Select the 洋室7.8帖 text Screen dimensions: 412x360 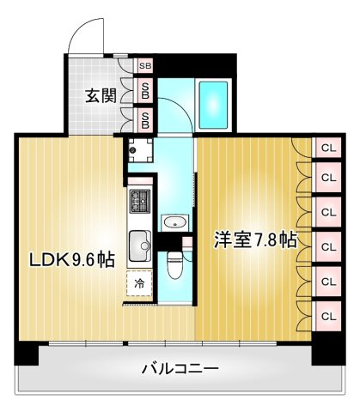pyautogui.click(x=254, y=240)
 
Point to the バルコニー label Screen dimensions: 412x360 pyautogui.click(x=180, y=369)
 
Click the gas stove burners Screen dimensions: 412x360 pyautogui.click(x=138, y=203)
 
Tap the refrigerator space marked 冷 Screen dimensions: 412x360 pyautogui.click(x=137, y=282)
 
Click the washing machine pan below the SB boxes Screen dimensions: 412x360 pyautogui.click(x=137, y=151)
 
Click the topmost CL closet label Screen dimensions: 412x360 pyautogui.click(x=327, y=148)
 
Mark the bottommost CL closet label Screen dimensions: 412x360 pyautogui.click(x=327, y=315)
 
